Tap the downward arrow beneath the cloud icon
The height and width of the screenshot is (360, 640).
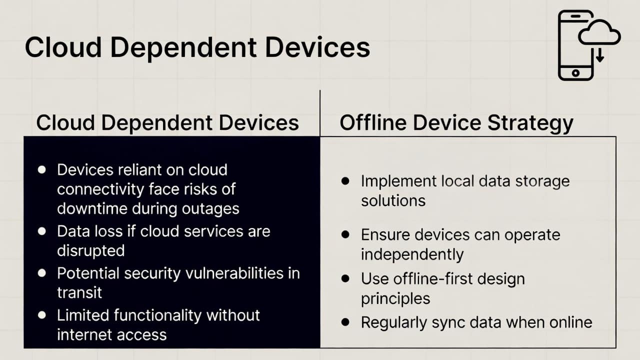[600, 55]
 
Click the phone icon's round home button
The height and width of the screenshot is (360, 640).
[575, 73]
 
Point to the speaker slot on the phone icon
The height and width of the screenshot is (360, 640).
[575, 16]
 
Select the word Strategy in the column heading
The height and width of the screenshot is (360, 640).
[530, 123]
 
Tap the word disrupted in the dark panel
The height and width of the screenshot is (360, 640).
[90, 251]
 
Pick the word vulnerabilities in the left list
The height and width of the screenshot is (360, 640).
[234, 273]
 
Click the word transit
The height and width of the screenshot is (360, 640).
[79, 292]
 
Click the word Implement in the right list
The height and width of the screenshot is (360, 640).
[398, 181]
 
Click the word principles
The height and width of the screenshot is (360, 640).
[395, 299]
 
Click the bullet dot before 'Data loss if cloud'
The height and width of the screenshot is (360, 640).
[41, 231]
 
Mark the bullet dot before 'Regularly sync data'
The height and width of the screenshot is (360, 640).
[345, 322]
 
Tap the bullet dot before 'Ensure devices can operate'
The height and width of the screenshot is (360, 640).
[345, 234]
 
